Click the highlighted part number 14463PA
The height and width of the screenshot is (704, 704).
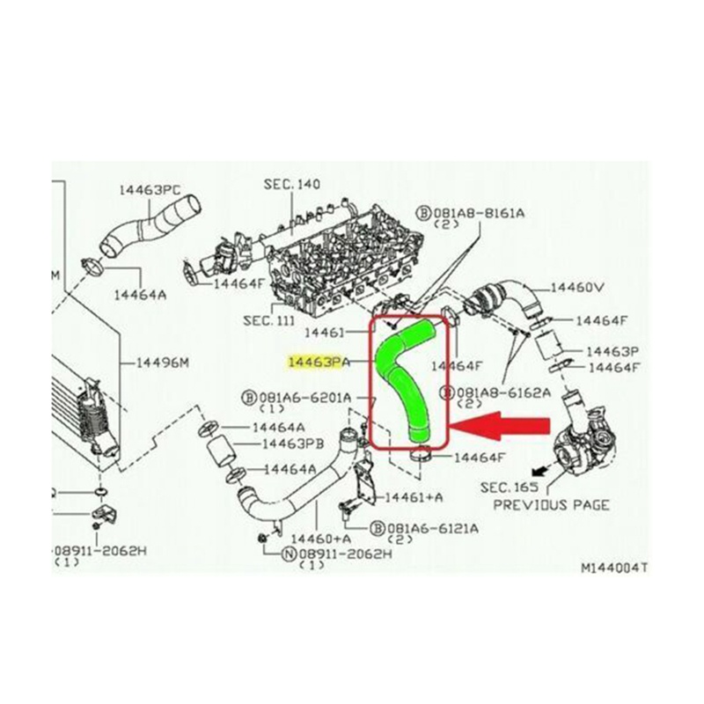319,361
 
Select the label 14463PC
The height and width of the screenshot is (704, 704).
149,189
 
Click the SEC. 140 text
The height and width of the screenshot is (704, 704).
291,185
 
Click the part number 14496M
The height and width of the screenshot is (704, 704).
161,362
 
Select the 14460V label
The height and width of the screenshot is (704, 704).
577,288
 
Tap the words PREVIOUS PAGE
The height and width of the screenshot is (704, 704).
551,505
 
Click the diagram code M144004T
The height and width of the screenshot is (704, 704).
613,568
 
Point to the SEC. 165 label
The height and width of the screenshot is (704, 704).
509,486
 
